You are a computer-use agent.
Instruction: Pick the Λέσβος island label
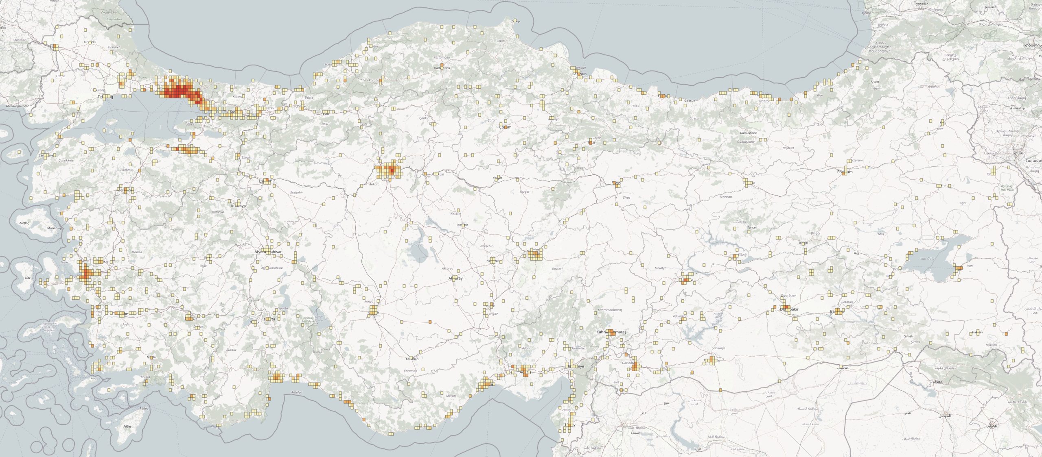coord(24,223)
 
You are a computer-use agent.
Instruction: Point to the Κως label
coord(94,379)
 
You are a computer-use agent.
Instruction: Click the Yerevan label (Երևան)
coord(1020,153)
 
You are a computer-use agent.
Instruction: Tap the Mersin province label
coord(451,396)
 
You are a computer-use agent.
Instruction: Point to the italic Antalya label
coord(297,392)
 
